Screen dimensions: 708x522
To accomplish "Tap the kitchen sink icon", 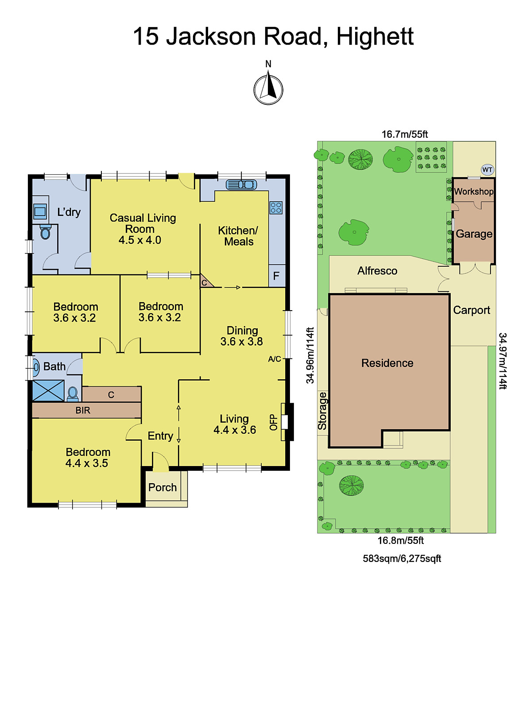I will [x=241, y=185].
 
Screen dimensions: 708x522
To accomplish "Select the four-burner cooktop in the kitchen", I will [x=276, y=208].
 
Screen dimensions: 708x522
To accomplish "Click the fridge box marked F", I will [x=276, y=276].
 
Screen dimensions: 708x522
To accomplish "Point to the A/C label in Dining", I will [x=275, y=359].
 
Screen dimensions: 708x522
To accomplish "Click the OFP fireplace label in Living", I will [x=274, y=422].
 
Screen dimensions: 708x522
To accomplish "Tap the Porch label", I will [x=162, y=488].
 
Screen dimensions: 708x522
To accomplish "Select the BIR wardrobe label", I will [x=83, y=410].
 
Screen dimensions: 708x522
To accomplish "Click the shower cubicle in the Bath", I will [x=48, y=391].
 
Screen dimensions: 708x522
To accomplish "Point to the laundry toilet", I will [x=45, y=232].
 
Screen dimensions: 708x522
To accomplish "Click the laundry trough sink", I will [x=40, y=212].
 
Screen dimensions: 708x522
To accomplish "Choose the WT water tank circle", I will [x=487, y=170].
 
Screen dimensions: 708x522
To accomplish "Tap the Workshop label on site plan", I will [x=473, y=192].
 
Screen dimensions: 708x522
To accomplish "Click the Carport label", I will [x=472, y=310].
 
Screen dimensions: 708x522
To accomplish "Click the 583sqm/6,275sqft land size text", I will [x=402, y=558].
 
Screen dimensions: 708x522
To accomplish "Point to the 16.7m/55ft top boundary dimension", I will [x=404, y=134].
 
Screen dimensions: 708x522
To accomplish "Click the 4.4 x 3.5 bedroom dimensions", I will [x=87, y=463].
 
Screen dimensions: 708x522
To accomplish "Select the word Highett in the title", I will [x=375, y=37].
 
